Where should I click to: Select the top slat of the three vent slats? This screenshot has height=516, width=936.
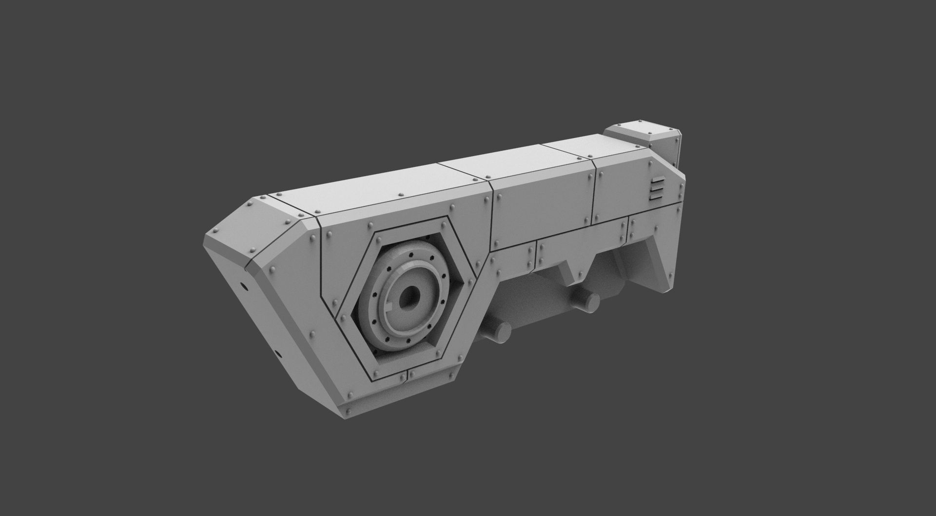pyautogui.click(x=656, y=181)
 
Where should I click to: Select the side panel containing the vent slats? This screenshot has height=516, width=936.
pyautogui.click(x=634, y=190)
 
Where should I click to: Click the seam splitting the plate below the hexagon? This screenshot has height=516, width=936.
pyautogui.click(x=408, y=375)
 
